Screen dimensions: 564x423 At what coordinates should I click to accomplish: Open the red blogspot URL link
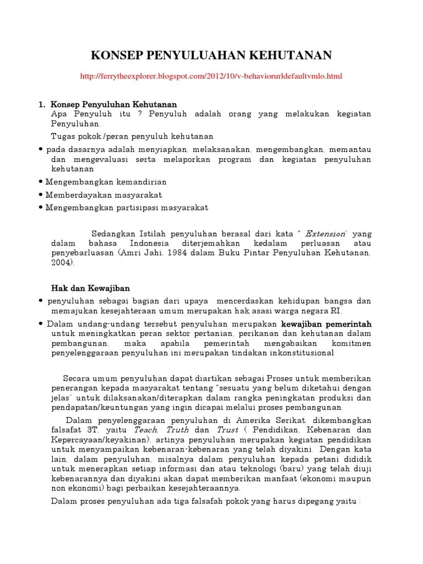click(211, 75)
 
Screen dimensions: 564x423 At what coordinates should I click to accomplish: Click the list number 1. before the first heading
click(41, 104)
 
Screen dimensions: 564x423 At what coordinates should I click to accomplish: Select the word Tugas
click(63, 136)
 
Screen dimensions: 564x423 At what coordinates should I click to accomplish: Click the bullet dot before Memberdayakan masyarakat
click(42, 195)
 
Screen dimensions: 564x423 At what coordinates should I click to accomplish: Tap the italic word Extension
click(326, 233)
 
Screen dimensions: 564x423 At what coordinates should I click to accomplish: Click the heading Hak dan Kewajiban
click(90, 288)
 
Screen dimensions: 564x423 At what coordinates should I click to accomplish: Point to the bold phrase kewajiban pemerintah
click(326, 324)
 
